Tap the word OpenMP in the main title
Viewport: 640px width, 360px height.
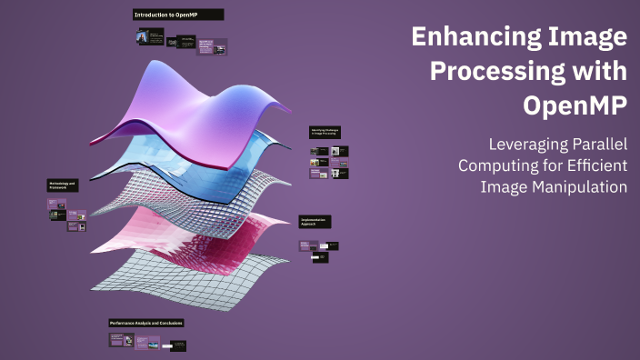click(x=575, y=105)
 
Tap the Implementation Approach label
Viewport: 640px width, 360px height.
click(x=315, y=221)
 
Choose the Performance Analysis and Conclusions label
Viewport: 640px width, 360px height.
click(x=146, y=323)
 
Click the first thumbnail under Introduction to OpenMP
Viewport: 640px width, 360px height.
click(x=143, y=37)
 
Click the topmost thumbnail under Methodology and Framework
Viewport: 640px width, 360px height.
click(x=57, y=204)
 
